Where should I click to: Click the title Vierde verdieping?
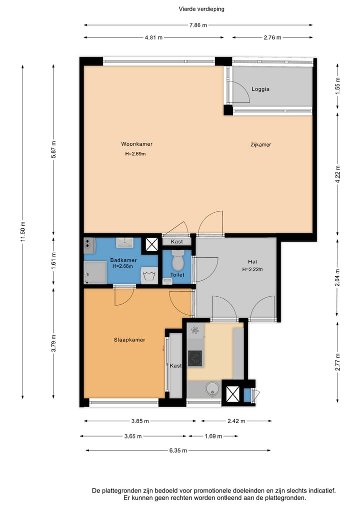[x=201, y=9]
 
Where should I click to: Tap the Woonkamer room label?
[x=136, y=144]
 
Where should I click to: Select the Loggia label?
[x=260, y=89]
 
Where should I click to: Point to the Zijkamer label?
[x=260, y=144]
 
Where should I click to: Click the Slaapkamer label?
[x=129, y=340]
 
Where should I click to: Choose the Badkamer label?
[x=123, y=260]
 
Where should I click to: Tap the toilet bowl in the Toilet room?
[x=177, y=260]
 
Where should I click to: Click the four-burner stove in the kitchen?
[x=195, y=358]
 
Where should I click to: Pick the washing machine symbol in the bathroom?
[x=149, y=276]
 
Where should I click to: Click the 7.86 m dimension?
[x=198, y=25]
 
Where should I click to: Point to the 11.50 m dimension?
[x=22, y=232]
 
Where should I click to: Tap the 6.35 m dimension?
[x=178, y=451]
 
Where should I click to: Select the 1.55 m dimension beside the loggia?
[x=337, y=86]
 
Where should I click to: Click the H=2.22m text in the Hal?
[x=252, y=269]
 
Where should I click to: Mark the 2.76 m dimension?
[x=272, y=37]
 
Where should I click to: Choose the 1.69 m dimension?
[x=213, y=436]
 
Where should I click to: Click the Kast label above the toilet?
[x=177, y=242]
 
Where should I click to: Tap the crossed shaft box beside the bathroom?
[x=151, y=244]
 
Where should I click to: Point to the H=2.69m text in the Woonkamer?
[x=135, y=154]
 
